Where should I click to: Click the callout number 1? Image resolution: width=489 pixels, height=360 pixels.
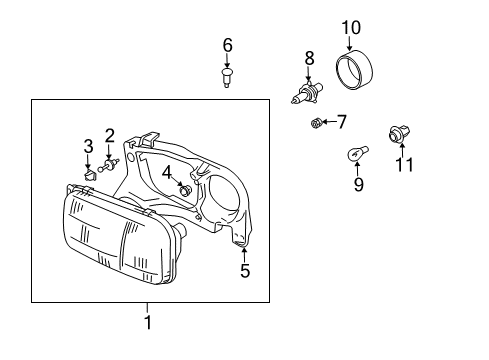tap(148, 322)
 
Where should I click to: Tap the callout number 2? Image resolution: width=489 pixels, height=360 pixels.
tap(110, 135)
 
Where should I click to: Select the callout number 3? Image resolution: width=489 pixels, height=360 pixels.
tap(88, 147)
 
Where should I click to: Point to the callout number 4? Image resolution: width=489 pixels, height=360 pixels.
tap(167, 173)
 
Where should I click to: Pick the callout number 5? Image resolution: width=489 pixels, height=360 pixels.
tap(245, 270)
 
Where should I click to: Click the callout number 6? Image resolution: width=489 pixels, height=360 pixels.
tap(227, 45)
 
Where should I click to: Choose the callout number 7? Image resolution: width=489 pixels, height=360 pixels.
tap(341, 122)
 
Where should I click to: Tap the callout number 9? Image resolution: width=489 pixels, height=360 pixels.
tap(357, 184)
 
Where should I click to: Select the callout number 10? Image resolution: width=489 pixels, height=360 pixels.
tap(350, 26)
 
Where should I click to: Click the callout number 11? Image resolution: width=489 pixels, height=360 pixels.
tap(404, 164)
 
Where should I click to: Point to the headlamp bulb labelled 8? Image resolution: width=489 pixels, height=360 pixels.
tap(307, 96)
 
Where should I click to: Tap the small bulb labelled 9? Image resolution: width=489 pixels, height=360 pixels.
tap(354, 155)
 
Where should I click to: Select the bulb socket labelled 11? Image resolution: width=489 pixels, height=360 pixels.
tap(397, 131)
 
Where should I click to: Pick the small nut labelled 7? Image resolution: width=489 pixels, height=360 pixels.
tap(317, 124)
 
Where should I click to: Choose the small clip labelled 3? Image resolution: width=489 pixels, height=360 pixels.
tap(87, 172)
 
